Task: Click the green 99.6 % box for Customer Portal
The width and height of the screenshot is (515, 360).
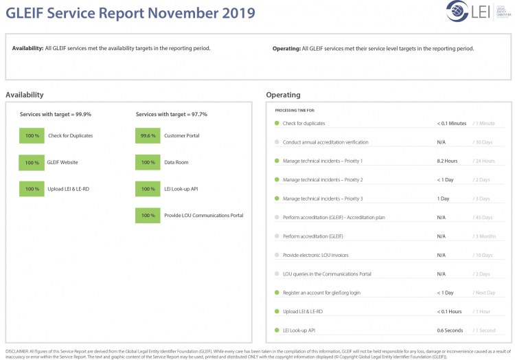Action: click(x=148, y=136)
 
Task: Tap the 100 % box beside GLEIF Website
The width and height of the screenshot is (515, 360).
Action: click(x=32, y=163)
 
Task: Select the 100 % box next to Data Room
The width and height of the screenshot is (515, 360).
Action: click(x=148, y=163)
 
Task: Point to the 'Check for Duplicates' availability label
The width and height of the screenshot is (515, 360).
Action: click(x=70, y=136)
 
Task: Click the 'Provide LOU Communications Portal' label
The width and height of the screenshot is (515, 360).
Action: click(x=203, y=216)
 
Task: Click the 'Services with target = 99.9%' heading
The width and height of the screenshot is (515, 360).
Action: click(x=56, y=114)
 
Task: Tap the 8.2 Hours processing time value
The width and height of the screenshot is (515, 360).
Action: click(x=447, y=161)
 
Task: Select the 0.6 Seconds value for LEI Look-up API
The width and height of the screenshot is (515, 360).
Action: click(x=450, y=330)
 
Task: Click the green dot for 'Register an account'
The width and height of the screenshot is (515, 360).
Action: click(x=277, y=293)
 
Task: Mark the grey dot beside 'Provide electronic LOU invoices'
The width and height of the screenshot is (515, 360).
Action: click(x=277, y=255)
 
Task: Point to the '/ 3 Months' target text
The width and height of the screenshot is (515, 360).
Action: click(x=485, y=236)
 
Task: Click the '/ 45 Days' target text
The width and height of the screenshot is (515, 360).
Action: click(x=483, y=218)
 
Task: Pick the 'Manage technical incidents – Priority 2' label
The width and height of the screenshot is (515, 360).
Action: click(x=323, y=180)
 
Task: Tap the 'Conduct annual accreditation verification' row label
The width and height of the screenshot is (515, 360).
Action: click(x=325, y=142)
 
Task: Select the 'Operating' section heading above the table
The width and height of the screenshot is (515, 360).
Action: click(x=283, y=95)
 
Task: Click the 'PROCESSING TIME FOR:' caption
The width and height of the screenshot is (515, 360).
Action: click(x=295, y=110)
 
